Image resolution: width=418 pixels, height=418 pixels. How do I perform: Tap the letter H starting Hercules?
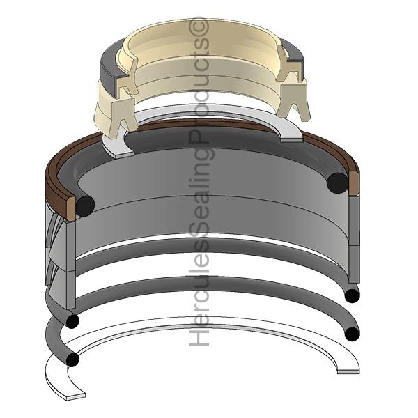(199, 336)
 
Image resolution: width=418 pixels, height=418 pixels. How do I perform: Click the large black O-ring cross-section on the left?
(85, 206)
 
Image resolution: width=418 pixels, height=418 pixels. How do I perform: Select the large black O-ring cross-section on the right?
(337, 183)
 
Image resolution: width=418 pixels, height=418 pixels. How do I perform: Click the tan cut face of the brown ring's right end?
(355, 184)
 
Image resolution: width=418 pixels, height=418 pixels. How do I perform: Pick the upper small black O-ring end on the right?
(352, 295)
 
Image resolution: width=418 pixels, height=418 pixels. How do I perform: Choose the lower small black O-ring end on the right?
(352, 334)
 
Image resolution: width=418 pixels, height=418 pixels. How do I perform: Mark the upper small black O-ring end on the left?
(72, 320)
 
